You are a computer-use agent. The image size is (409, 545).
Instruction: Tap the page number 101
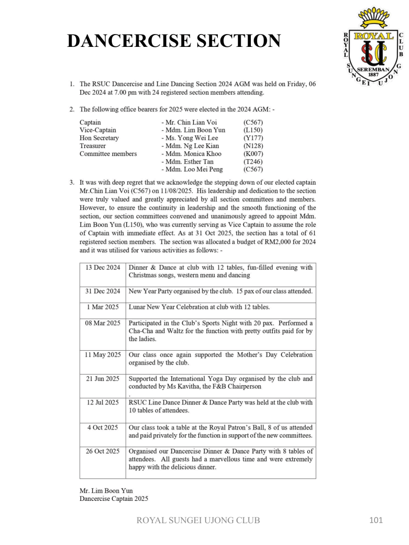click(x=376, y=520)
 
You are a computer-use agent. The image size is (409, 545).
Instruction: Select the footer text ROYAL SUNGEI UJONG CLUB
click(x=199, y=521)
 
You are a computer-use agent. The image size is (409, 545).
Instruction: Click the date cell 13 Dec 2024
click(x=103, y=268)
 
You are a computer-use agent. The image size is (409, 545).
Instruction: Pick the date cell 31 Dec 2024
click(x=103, y=292)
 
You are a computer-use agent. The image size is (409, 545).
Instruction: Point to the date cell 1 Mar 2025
click(x=103, y=307)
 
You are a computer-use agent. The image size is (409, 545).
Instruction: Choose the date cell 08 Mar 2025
click(x=103, y=323)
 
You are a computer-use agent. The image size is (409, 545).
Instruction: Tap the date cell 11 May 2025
click(x=103, y=354)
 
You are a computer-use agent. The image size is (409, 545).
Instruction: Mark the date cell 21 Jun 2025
click(x=103, y=379)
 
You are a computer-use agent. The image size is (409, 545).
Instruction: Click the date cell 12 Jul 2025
click(x=103, y=402)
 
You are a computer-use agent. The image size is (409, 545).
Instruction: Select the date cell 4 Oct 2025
click(x=103, y=427)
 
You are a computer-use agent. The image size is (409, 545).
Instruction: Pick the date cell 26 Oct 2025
click(x=103, y=451)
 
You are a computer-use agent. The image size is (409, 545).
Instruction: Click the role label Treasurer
click(x=93, y=146)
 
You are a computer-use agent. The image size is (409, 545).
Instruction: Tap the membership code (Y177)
click(x=253, y=138)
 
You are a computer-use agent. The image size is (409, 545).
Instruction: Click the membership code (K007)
click(x=253, y=154)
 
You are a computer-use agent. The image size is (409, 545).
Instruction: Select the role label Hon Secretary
click(x=99, y=138)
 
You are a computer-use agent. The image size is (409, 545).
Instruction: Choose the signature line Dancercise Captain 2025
click(x=114, y=499)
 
